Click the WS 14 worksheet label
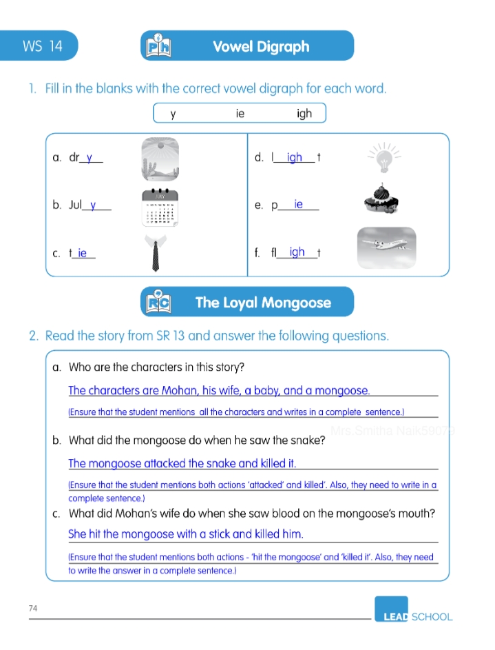tap(42, 46)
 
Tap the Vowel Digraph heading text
tap(261, 47)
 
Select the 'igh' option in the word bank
tap(304, 113)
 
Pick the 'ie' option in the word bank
tap(240, 113)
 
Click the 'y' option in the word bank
tap(173, 114)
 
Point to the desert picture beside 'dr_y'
tap(160, 157)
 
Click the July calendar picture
tap(160, 206)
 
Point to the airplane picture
tap(386, 247)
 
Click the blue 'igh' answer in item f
tap(297, 252)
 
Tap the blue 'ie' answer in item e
tap(298, 205)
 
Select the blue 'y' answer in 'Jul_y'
tap(93, 205)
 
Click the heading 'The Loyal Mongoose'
tap(263, 303)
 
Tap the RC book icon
tap(158, 302)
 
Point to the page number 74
tap(33, 608)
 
